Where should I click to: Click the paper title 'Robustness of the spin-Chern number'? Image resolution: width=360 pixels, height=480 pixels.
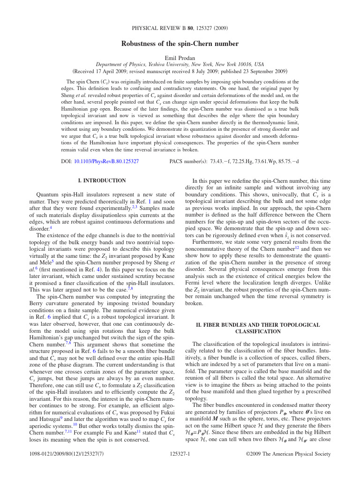click(180, 44)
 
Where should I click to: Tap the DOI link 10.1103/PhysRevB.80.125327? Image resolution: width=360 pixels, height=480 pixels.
click(106, 161)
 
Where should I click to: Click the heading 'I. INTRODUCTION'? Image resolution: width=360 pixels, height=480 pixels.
click(102, 180)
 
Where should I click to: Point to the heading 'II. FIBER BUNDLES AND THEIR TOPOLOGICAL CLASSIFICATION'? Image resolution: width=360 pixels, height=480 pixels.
click(258, 328)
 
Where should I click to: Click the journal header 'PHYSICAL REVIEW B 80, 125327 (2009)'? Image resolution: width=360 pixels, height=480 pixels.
click(180, 28)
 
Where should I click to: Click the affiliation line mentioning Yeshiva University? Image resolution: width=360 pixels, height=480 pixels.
click(180, 65)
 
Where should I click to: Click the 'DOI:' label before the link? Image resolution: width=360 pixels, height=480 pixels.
click(67, 161)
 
